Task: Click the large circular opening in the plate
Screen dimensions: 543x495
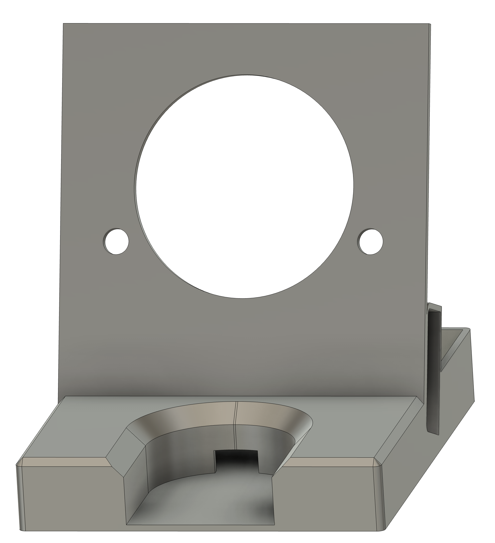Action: (244, 186)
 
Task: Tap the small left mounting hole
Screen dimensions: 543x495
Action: (116, 242)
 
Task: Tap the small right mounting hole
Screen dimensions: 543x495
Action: (370, 242)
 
